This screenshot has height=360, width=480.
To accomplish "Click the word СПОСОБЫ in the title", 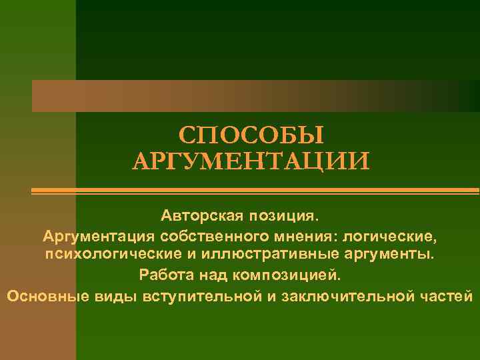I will [x=251, y=134].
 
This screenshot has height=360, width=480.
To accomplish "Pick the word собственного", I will [x=213, y=237].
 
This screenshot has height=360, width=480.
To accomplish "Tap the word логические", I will [x=393, y=237].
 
